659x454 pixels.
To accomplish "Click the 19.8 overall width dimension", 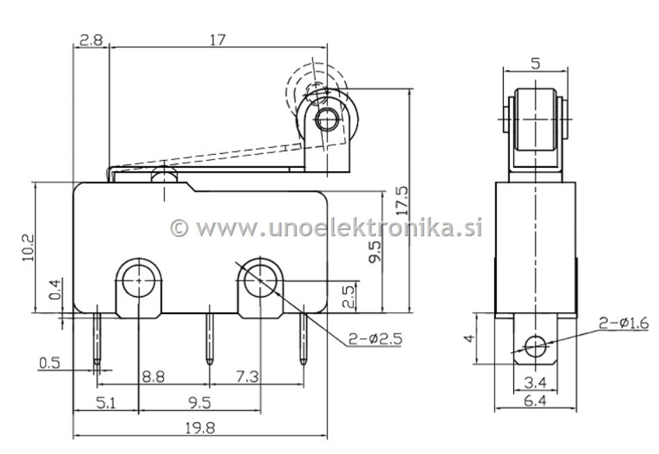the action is pos(200,428).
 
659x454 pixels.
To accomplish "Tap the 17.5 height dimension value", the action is pos(402,201).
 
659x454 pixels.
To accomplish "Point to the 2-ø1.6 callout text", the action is pos(624,323).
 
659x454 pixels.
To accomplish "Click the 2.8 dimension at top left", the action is pos(91,40).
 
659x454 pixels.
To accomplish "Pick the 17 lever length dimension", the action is pos(218,40).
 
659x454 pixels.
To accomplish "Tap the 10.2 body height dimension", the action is pos(28,247).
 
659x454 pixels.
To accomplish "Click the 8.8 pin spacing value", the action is pos(153,376).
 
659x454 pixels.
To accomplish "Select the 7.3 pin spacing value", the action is pos(247,376).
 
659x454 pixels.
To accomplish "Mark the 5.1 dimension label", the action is pos(105,403).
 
